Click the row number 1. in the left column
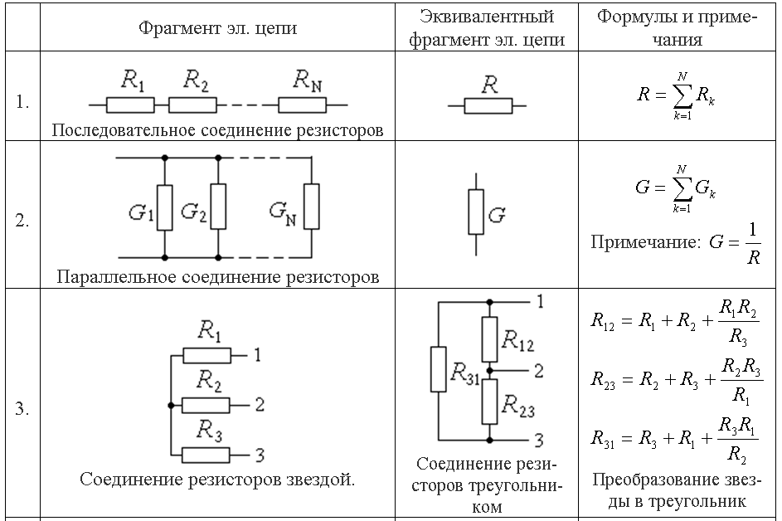pos(22,102)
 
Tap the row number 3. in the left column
pos(22,408)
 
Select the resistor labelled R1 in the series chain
pos(131,105)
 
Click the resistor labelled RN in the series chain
pos(302,105)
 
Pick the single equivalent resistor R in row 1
pos(488,106)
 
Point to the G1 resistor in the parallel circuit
pos(165,207)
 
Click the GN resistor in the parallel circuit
pos(312,207)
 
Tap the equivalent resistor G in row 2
pos(476,212)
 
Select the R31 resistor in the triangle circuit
pos(439,369)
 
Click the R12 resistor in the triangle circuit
pos(490,339)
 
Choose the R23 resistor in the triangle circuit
pos(490,402)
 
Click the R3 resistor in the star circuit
pos(206,455)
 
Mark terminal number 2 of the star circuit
pos(260,405)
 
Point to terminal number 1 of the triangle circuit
pos(540,301)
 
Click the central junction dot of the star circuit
pos(171,405)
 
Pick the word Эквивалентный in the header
pos(486,17)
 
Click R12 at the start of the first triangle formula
pos(602,320)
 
